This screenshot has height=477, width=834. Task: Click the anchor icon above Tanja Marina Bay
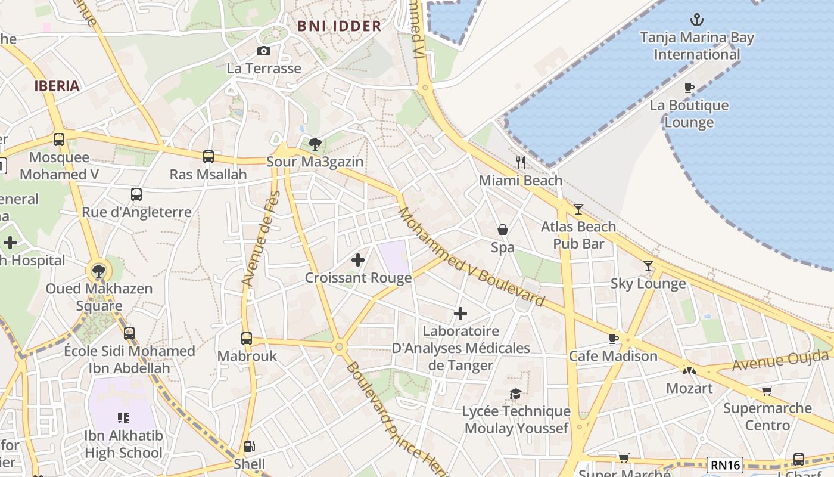coord(696,20)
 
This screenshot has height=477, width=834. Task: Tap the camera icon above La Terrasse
coord(263,51)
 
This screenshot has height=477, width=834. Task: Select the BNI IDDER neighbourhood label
coord(339,26)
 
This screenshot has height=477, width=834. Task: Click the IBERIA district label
coord(57,86)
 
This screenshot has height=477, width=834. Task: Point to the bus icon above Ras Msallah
coord(208,157)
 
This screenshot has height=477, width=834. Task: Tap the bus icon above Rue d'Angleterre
coord(136,194)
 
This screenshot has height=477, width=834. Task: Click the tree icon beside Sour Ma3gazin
coord(315,144)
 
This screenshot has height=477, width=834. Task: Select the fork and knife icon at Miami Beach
coord(521,163)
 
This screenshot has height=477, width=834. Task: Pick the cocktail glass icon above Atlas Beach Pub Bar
coord(578,209)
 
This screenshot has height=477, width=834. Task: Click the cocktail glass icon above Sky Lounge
coord(648,266)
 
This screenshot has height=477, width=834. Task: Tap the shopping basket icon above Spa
coord(503,230)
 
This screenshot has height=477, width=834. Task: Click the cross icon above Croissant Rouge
coord(358,260)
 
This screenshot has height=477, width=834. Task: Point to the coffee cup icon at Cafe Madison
coord(613,339)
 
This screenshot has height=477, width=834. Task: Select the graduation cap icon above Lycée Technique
coord(515,394)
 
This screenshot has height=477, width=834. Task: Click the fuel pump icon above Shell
coord(250,447)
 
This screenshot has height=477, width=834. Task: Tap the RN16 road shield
coord(725,464)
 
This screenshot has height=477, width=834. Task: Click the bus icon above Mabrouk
coord(247,339)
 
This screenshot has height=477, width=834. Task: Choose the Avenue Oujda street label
coord(780,361)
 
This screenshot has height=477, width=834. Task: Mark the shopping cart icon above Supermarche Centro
coord(767,391)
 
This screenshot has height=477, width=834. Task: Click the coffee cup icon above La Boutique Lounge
coord(689,88)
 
